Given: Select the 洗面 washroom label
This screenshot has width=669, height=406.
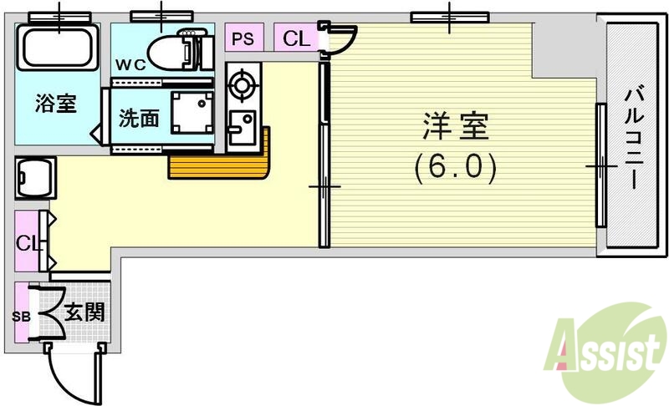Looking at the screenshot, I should click(x=138, y=118).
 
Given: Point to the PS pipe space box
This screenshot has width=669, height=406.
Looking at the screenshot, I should click(x=243, y=38).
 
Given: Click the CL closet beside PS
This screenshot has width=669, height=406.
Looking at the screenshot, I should click(x=294, y=38).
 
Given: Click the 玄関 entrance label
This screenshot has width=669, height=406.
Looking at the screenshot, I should click(x=84, y=313).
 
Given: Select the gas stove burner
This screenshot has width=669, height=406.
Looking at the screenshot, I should click(x=243, y=84).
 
